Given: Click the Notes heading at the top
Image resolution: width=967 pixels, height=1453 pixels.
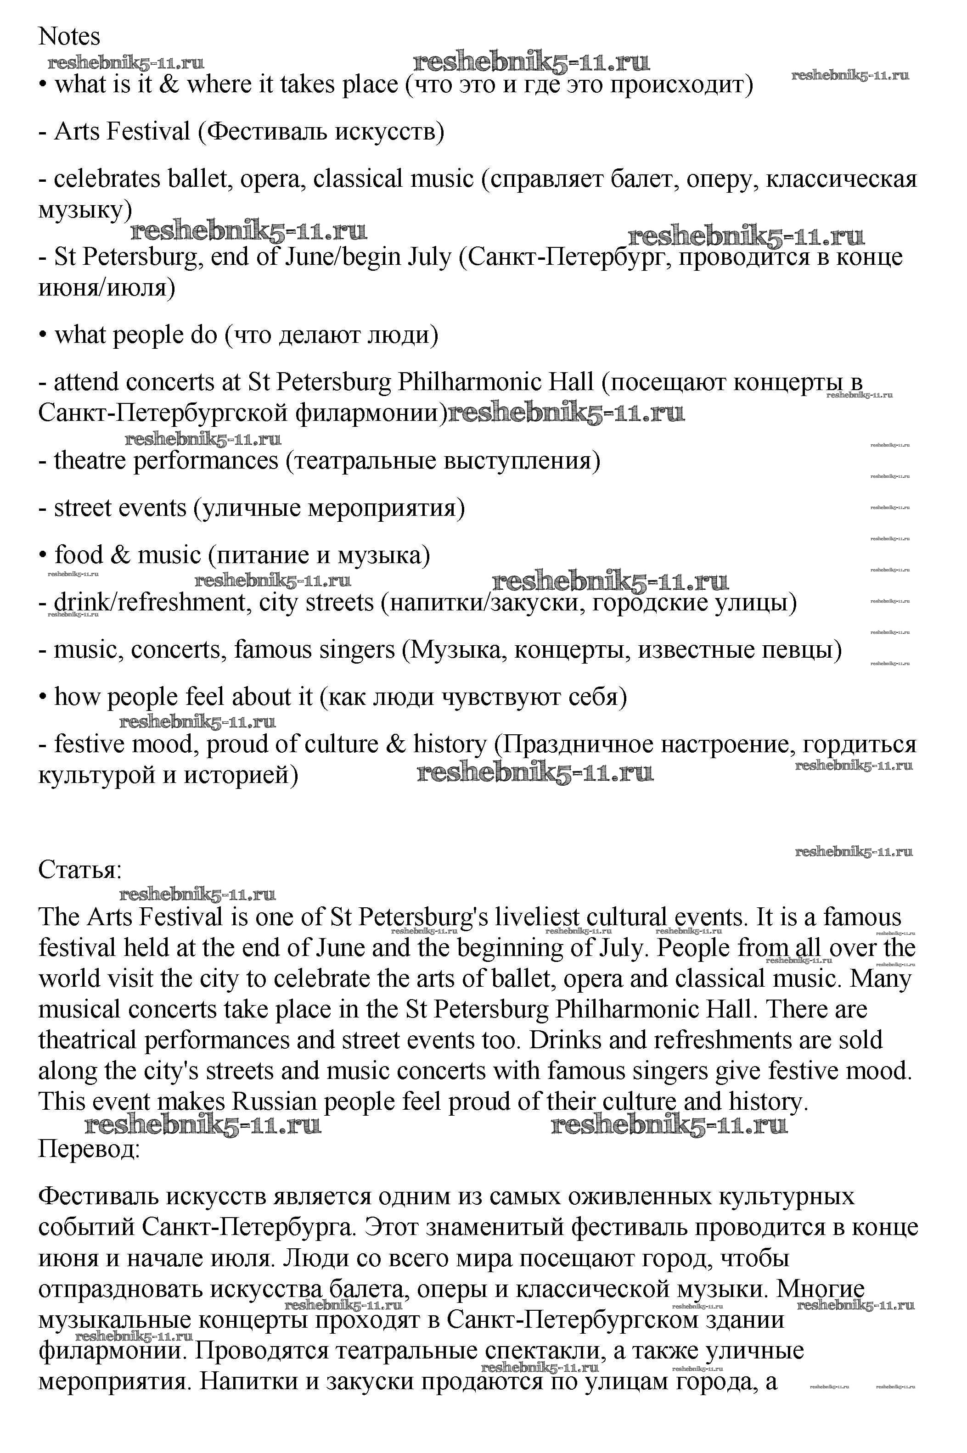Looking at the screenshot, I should (x=69, y=37).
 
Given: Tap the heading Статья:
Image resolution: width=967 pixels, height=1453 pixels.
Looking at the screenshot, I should (x=80, y=870).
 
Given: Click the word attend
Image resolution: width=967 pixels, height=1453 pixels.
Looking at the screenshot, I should (x=86, y=383).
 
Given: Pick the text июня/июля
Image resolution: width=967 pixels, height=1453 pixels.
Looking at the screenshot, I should (x=106, y=288).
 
